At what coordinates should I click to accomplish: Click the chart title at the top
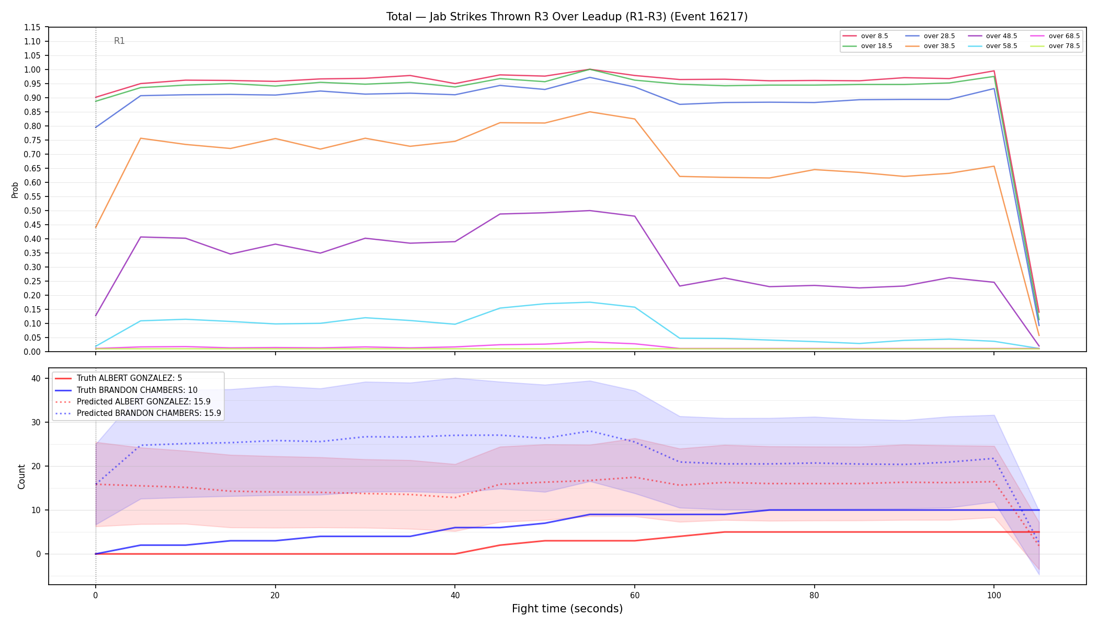click(x=567, y=17)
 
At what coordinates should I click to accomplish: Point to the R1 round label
click(x=119, y=41)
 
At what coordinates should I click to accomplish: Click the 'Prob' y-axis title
click(x=15, y=190)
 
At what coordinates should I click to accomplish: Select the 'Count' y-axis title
click(x=21, y=477)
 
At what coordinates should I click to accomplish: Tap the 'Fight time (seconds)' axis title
click(x=567, y=609)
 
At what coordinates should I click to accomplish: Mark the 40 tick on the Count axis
click(x=36, y=378)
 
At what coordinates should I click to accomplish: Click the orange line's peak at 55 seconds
click(x=589, y=112)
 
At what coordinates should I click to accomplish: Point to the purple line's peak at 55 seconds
click(x=589, y=211)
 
